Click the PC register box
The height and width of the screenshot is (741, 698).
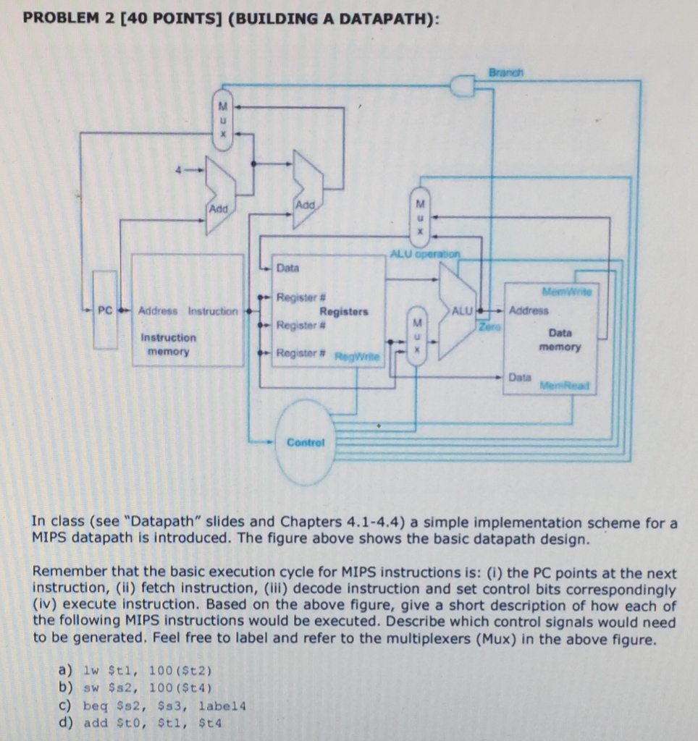[x=105, y=310]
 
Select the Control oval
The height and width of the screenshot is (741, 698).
[x=306, y=441]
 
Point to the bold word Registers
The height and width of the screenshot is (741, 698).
[x=343, y=311]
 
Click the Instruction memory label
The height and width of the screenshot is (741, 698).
[x=168, y=344]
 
